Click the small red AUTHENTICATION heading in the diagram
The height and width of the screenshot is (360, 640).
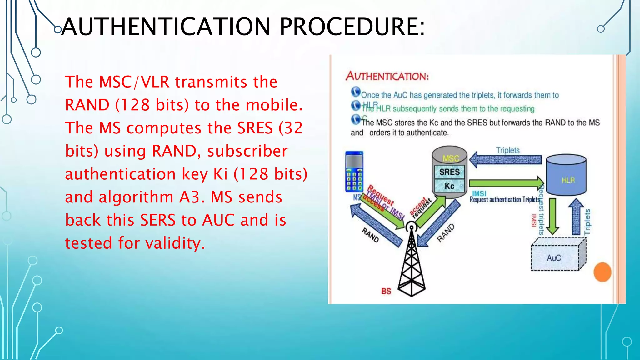tap(387, 76)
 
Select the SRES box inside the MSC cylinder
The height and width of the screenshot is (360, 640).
tap(449, 172)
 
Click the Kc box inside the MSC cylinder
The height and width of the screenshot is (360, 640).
tap(449, 186)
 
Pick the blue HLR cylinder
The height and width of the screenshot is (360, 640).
tap(566, 175)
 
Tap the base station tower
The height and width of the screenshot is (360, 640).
tap(412, 262)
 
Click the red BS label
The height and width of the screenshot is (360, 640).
tap(386, 291)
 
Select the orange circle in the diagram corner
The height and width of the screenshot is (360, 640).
tap(602, 272)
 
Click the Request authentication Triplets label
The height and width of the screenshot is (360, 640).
tap(505, 200)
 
